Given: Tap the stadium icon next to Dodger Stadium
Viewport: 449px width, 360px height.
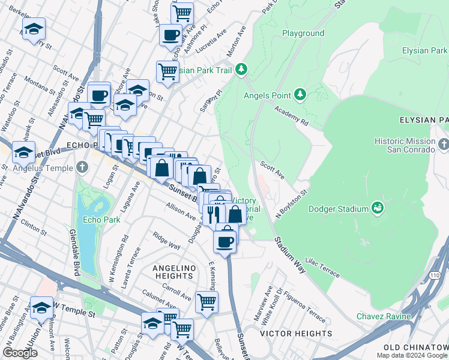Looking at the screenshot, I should point(378,208).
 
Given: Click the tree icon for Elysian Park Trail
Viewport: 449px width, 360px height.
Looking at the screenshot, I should point(241,70).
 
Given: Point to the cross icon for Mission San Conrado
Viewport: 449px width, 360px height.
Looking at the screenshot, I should point(443,145).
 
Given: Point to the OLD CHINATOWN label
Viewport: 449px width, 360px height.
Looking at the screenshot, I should point(416,347).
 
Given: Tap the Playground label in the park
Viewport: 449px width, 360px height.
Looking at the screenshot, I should point(303,34).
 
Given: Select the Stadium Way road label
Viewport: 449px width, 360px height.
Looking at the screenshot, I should point(291,255).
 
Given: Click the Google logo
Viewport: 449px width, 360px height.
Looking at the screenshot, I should point(20,353).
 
